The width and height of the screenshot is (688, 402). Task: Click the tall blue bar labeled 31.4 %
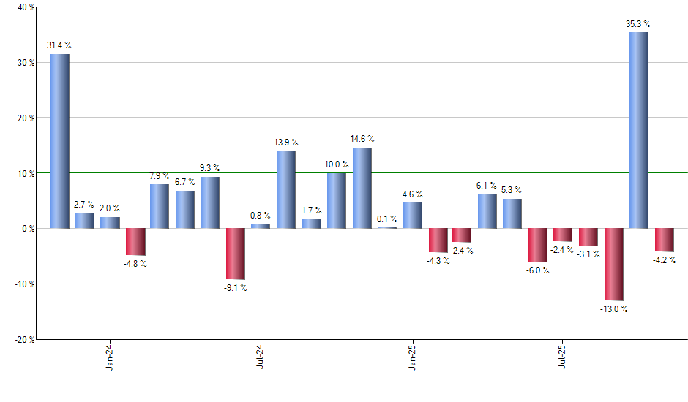59,141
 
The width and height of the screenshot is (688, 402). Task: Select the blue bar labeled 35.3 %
638,130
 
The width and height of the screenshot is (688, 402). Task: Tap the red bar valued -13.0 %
613,264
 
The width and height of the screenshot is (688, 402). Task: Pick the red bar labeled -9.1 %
235,254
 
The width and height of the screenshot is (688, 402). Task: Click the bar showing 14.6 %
362,188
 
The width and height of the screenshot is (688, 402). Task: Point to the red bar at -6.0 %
538,245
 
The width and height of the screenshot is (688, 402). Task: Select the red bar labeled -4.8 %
135,242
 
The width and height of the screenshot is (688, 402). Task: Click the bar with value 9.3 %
210,202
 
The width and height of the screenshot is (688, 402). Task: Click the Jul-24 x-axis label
261,357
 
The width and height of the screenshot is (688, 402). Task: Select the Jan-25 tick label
412,357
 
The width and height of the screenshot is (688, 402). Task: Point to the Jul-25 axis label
563,357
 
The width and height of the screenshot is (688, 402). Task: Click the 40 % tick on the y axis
26,7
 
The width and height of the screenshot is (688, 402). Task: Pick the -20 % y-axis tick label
24,339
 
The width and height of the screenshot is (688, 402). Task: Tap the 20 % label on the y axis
26,118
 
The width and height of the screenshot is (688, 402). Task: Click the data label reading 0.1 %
387,219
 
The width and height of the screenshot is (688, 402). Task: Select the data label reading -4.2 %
664,260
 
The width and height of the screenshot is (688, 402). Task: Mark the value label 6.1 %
487,186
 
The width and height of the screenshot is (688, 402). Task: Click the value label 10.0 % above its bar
337,164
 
